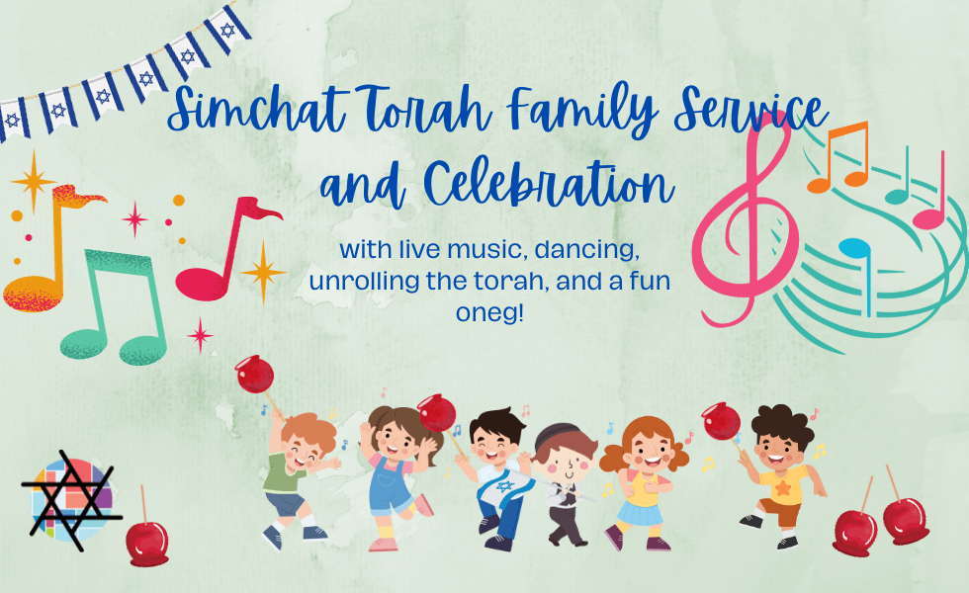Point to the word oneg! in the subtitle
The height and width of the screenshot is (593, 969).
[489, 313]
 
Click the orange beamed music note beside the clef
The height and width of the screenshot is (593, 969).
[838, 157]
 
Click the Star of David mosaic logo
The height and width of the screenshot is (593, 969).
[71, 499]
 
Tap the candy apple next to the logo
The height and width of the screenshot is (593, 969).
[146, 539]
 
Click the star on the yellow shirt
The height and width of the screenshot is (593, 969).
[783, 488]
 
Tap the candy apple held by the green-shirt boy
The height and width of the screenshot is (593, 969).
[255, 375]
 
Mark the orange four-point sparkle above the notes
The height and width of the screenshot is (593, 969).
[34, 180]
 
